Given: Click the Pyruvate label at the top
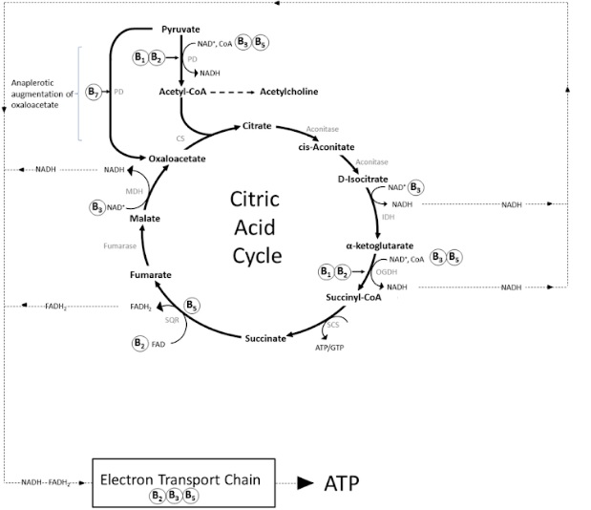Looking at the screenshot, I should point(179,30).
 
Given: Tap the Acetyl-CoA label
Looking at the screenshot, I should point(183,92).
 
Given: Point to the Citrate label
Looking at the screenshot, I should point(257,126).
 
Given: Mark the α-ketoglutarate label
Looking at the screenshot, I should point(380,245).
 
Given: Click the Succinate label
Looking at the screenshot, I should point(264,338).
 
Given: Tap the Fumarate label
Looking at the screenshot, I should point(150,275).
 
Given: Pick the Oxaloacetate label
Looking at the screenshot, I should point(178,158).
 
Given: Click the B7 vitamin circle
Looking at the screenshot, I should point(94,92).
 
